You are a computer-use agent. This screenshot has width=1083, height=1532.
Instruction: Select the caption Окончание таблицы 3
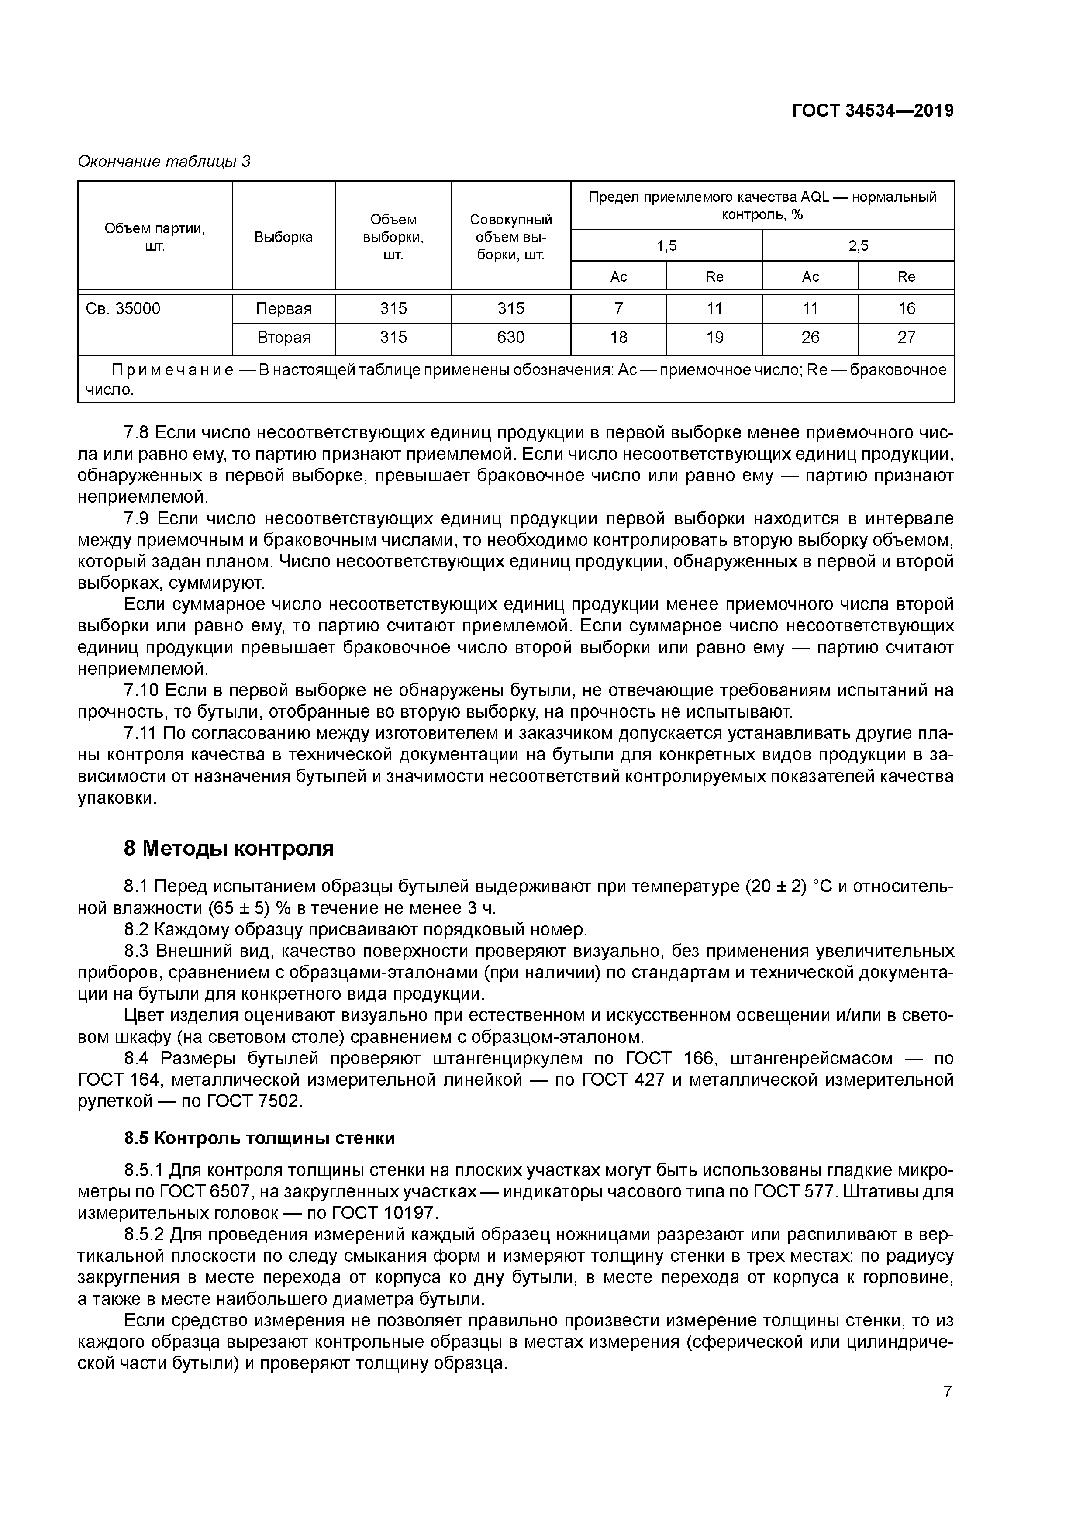tap(164, 162)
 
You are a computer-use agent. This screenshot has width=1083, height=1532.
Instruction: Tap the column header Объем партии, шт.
tap(155, 237)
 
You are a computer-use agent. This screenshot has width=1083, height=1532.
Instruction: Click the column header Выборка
tap(283, 237)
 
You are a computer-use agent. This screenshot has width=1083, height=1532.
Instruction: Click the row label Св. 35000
tap(124, 308)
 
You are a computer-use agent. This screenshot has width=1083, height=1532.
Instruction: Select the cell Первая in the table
tap(283, 308)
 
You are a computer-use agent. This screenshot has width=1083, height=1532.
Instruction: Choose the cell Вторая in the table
tap(283, 338)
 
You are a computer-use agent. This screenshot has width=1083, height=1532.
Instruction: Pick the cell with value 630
tap(510, 338)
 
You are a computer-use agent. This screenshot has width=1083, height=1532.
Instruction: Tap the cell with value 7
tap(618, 308)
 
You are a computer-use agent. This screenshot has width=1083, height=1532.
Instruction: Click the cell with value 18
tap(618, 338)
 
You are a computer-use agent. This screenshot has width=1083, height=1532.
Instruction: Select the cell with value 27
tap(906, 338)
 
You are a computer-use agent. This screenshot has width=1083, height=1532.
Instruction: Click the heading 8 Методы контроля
tap(229, 849)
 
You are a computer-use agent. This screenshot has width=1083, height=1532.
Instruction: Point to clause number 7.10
tap(141, 690)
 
